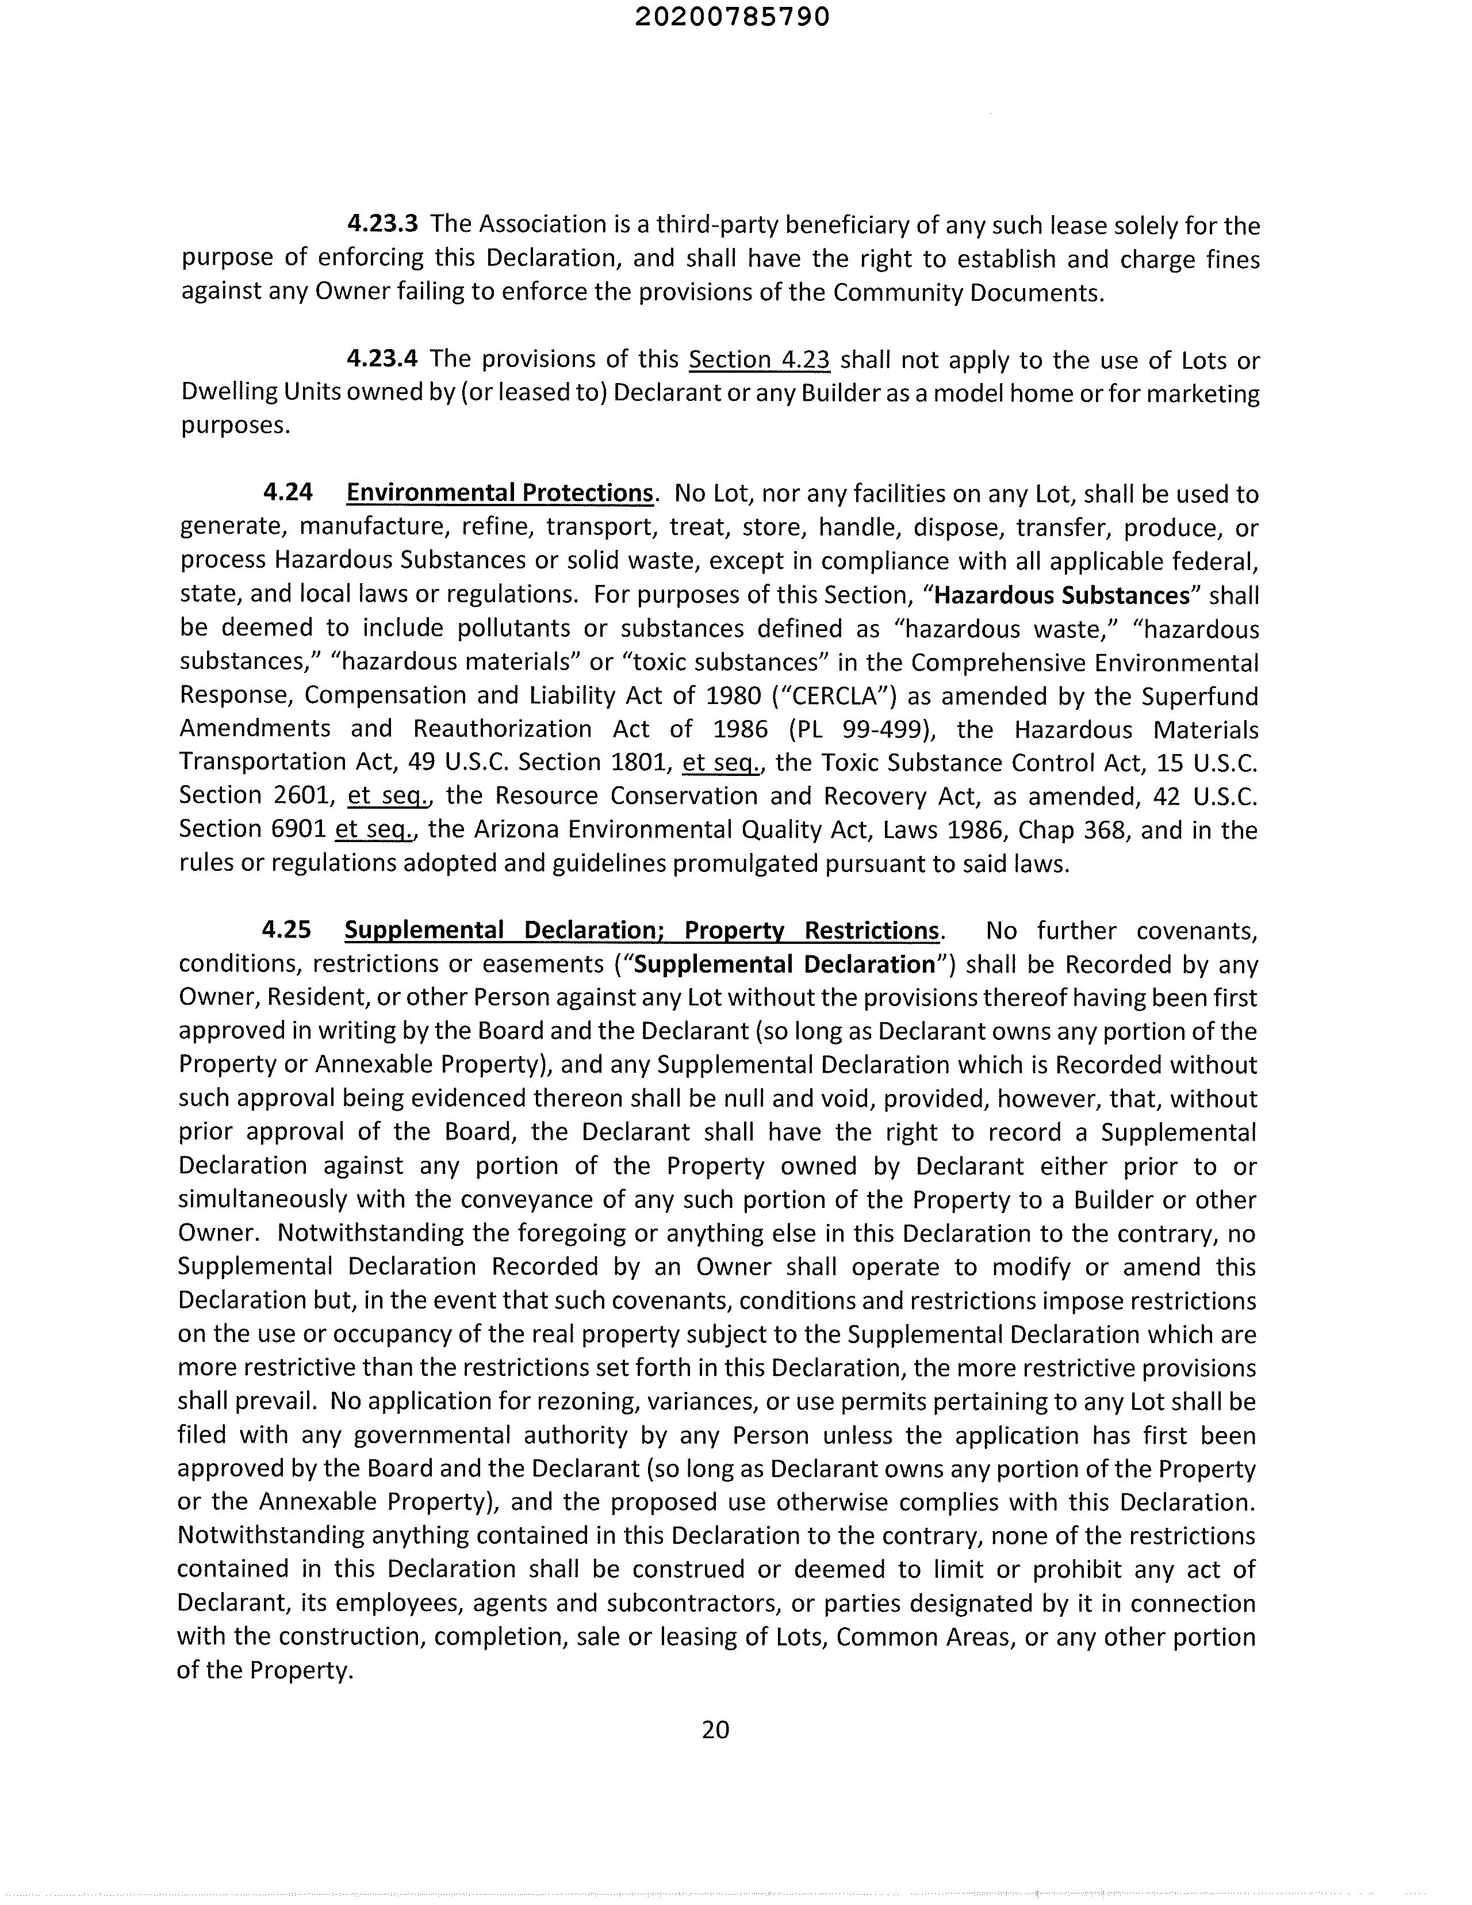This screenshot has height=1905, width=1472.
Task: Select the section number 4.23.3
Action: coord(383,224)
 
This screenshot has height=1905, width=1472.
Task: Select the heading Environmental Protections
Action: coord(500,493)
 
